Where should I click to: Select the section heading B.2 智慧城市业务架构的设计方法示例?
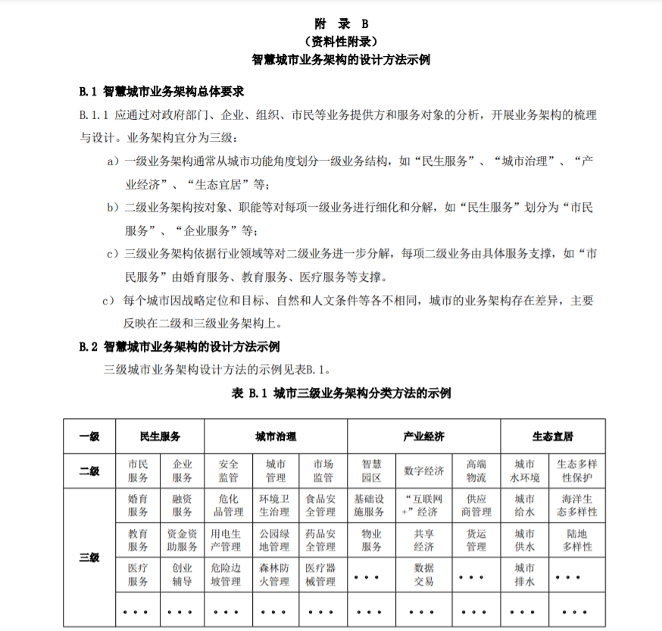coord(180,347)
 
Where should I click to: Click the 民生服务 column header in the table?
coord(160,436)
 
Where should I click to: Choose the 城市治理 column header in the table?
coord(276,436)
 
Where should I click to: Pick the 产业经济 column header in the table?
coord(423,436)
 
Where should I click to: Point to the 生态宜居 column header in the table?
coord(552,436)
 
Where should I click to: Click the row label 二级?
coord(89,471)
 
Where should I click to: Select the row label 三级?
coord(89,558)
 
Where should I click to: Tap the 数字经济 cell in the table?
coord(424,471)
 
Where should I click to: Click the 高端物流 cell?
coord(476,471)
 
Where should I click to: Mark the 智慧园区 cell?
coord(371,471)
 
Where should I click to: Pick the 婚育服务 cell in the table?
coord(138,505)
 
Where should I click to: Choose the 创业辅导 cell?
coord(182,575)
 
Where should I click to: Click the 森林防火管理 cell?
coord(274,575)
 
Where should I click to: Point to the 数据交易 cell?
coord(424,575)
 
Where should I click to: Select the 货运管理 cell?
coord(476,540)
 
